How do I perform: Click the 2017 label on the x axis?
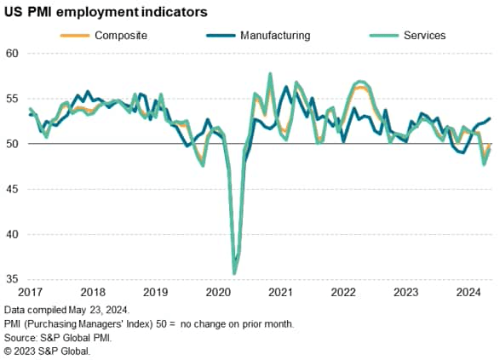pos(29,292)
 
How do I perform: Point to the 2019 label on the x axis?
pos(155,292)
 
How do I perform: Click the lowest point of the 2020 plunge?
pos(234,273)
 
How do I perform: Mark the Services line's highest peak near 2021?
pos(270,74)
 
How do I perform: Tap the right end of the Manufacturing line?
pos(490,118)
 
